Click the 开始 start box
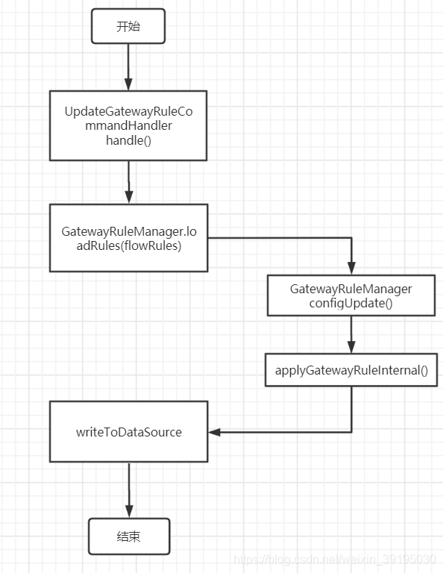pyautogui.click(x=128, y=26)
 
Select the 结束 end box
pyautogui.click(x=128, y=536)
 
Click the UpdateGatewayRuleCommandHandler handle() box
pyautogui.click(x=128, y=125)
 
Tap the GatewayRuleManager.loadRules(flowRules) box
pyautogui.click(x=128, y=238)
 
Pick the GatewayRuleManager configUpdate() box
pyautogui.click(x=351, y=295)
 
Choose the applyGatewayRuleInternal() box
pyautogui.click(x=351, y=370)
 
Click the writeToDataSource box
pyautogui.click(x=128, y=432)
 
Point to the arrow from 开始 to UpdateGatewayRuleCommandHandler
pyautogui.click(x=128, y=67)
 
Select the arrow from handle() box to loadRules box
pyautogui.click(x=128, y=181)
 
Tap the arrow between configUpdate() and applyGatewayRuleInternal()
pyautogui.click(x=351, y=334)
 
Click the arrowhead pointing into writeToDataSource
pyautogui.click(x=214, y=432)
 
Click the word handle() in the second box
pyautogui.click(x=128, y=140)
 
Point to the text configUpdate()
pyautogui.click(x=351, y=303)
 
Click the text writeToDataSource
pyautogui.click(x=128, y=432)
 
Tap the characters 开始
pyautogui.click(x=128, y=26)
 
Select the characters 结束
pyautogui.click(x=128, y=536)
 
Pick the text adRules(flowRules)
pyautogui.click(x=128, y=245)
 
